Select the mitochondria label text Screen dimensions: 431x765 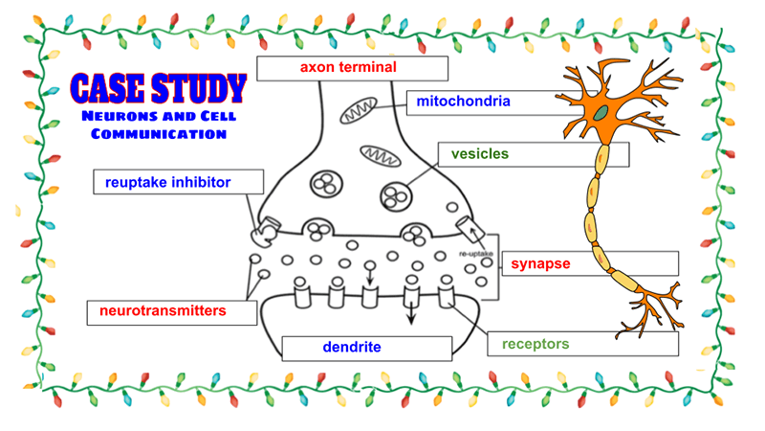pos(463,101)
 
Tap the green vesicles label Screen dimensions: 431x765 pos(480,153)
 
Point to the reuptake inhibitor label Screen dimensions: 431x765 pos(168,182)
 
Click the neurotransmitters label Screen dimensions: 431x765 pos(163,311)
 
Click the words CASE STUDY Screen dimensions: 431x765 pos(159,89)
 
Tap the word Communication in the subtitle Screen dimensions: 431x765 pos(159,134)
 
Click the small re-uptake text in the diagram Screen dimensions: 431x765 pos(475,255)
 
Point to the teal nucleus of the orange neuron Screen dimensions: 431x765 pos(601,113)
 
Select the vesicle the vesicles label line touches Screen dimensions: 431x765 pos(395,195)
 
